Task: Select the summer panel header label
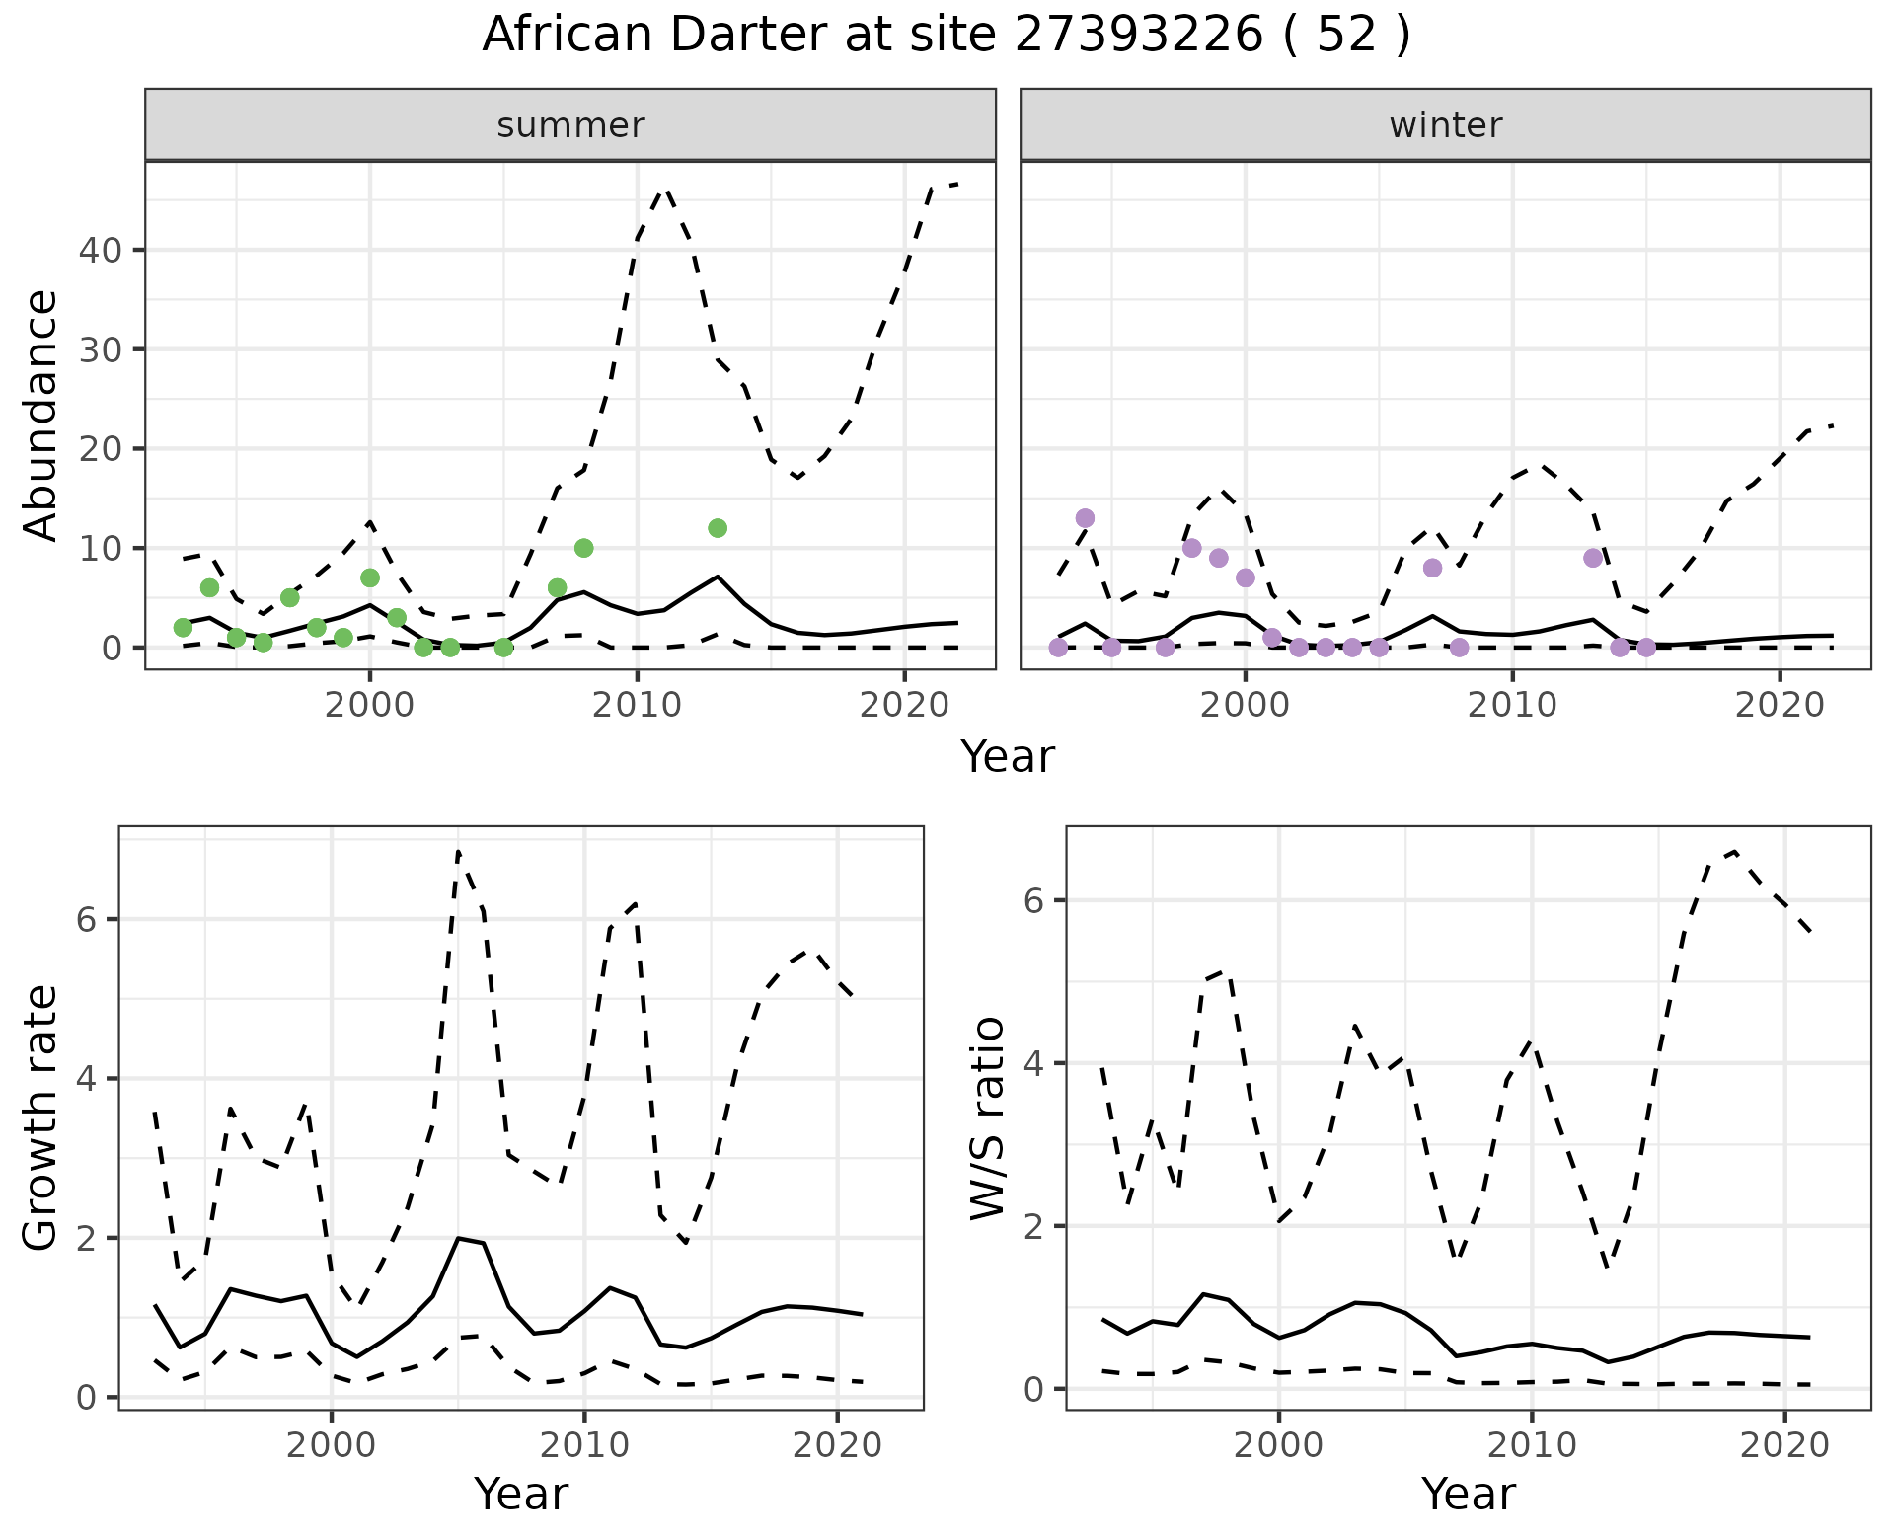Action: [x=570, y=125]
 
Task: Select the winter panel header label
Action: [x=1445, y=125]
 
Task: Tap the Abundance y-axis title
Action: [x=41, y=415]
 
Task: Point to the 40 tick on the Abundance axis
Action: [x=99, y=251]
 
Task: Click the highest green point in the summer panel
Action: [x=718, y=528]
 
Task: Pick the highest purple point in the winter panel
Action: [x=1085, y=518]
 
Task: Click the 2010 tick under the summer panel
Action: [x=637, y=705]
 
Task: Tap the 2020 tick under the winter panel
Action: [x=1780, y=705]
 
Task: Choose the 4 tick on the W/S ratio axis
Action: [x=1034, y=1064]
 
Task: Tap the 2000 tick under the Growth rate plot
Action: [x=332, y=1446]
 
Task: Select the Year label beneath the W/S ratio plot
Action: [x=1469, y=1495]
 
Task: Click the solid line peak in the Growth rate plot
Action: [x=459, y=1237]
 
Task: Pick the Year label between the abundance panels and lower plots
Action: [x=1008, y=757]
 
